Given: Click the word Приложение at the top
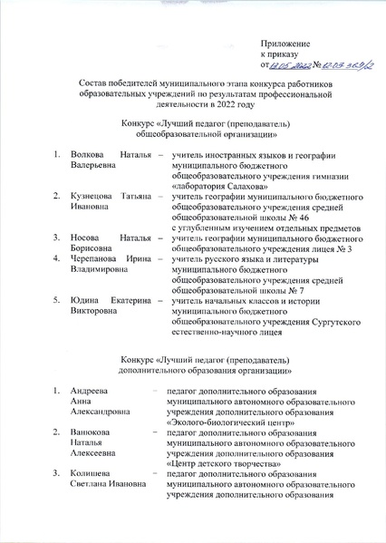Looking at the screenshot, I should (285, 44).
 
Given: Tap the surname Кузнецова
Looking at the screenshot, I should (93, 196).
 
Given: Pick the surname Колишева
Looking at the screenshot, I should (92, 473).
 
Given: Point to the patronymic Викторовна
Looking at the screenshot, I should (96, 311).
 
